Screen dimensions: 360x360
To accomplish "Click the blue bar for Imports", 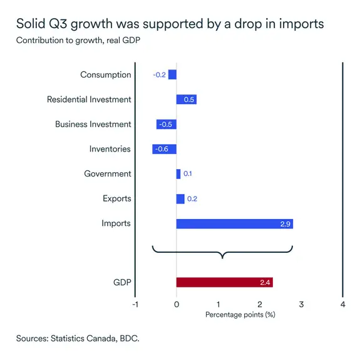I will pyautogui.click(x=234, y=224).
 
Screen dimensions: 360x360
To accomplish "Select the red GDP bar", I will pyautogui.click(x=224, y=282).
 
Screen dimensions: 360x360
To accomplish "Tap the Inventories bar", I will pyautogui.click(x=164, y=149).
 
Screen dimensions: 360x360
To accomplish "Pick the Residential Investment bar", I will pyautogui.click(x=187, y=100).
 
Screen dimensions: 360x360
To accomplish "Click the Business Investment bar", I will pyautogui.click(x=166, y=124).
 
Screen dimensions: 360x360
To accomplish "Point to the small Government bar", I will pyautogui.click(x=178, y=174).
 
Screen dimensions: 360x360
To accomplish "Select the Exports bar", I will pyautogui.click(x=180, y=198).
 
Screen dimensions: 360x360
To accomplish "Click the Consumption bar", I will pyautogui.click(x=172, y=75).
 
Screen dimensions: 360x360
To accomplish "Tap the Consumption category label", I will pyautogui.click(x=106, y=75).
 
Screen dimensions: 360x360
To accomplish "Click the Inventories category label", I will pyautogui.click(x=110, y=149).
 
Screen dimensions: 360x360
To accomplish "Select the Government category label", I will pyautogui.click(x=108, y=174).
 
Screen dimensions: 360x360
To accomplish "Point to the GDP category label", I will pyautogui.click(x=121, y=282).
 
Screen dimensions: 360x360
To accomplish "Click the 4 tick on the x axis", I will pyautogui.click(x=342, y=304).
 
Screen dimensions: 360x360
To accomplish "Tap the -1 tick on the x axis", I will pyautogui.click(x=135, y=304).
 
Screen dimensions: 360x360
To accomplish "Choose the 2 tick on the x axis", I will pyautogui.click(x=260, y=304).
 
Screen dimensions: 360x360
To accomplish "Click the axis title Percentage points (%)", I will pyautogui.click(x=240, y=314).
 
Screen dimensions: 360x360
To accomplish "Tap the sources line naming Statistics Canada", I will pyautogui.click(x=78, y=338).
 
